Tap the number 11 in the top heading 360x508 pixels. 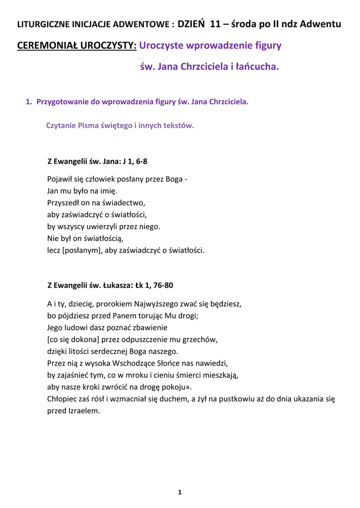[x=216, y=23]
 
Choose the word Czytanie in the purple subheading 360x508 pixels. [x=61, y=126]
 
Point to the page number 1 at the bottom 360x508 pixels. [x=180, y=492]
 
